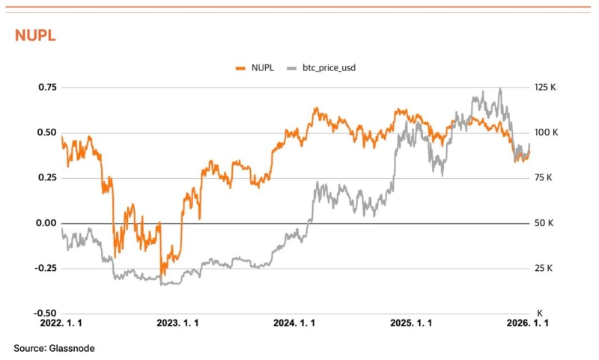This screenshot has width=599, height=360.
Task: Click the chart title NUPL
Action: pos(35,36)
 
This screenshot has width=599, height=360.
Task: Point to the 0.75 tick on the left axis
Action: pos(47,88)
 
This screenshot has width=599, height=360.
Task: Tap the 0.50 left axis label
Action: pos(47,132)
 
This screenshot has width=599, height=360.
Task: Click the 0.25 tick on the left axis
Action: pos(47,177)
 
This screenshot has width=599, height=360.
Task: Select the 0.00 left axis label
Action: pos(47,223)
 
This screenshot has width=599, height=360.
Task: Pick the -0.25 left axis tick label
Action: pos(46,268)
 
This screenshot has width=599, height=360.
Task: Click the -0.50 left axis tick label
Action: pos(46,313)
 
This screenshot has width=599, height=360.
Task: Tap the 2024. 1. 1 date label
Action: pos(294,323)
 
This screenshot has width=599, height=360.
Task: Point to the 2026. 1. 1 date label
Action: pos(528,323)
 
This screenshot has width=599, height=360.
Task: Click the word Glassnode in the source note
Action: pos(72,348)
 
